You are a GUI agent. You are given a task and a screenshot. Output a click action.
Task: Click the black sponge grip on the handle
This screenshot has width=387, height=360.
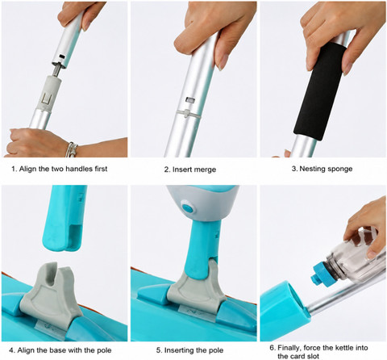pyautogui.click(x=319, y=90)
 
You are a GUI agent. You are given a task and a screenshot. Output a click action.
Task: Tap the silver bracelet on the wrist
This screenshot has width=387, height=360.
pyautogui.click(x=71, y=149)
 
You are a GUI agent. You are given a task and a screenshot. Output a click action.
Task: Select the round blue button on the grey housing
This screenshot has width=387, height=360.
pyautogui.click(x=186, y=207)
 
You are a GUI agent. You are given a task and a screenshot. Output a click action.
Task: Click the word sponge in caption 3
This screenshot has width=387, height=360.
pyautogui.click(x=339, y=169)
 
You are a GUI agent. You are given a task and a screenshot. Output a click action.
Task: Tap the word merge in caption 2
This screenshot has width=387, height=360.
pyautogui.click(x=205, y=170)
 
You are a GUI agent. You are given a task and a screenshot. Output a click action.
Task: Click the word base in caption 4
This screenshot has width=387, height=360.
pyautogui.click(x=57, y=350)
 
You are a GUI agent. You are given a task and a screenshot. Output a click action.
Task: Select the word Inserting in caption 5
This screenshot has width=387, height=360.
pyautogui.click(x=179, y=350)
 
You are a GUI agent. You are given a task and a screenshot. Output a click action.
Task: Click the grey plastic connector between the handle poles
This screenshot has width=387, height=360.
pyautogui.click(x=50, y=93)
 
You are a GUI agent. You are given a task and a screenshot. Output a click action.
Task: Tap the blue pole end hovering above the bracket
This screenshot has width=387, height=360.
pyautogui.click(x=65, y=218)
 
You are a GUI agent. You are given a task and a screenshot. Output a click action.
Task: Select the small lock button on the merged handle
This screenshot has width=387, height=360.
pyautogui.click(x=190, y=99)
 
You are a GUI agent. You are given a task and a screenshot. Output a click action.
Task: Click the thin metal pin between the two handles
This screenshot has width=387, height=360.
pyautogui.click(x=56, y=69)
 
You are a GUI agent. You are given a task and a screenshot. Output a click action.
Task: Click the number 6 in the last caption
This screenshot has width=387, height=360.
pyautogui.click(x=272, y=348)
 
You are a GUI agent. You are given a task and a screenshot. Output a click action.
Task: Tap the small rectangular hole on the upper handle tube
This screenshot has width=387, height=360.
pyautogui.click(x=62, y=57)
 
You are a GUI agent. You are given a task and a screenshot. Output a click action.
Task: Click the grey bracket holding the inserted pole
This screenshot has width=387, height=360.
pyautogui.click(x=197, y=288)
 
